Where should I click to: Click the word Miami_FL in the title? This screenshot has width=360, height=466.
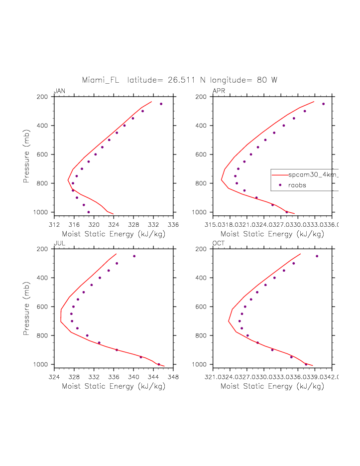tap(101, 80)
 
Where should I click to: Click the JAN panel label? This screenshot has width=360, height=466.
tap(59, 91)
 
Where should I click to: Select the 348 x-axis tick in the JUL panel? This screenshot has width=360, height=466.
tap(173, 377)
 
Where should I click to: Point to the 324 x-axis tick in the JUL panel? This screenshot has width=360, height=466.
tap(54, 377)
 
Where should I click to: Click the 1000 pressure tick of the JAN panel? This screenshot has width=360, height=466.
tap(44, 212)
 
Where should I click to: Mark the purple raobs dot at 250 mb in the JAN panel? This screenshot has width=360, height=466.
tap(161, 104)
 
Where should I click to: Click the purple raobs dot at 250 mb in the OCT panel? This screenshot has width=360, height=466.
tap(317, 256)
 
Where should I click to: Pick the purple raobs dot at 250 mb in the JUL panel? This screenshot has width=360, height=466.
tap(134, 256)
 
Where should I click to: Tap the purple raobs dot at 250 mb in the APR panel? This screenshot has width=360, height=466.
tap(323, 104)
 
